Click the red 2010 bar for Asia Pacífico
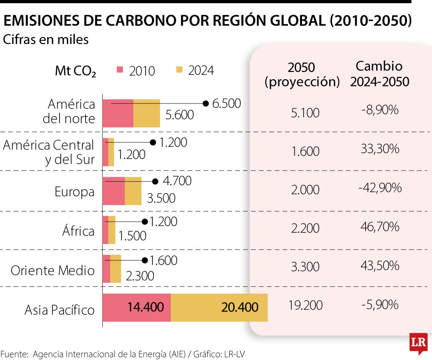point(137,307)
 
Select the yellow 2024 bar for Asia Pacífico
point(219,307)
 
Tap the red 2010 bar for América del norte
point(118,113)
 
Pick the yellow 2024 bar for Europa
point(133,191)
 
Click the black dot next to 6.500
point(206,104)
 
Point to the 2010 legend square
point(120,70)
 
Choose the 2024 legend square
point(179,70)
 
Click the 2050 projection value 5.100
point(305,113)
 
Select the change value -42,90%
point(380,188)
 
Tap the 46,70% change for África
point(380,227)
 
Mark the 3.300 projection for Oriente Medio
point(305,266)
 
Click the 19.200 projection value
point(305,305)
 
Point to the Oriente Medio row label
point(52,270)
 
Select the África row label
point(78,231)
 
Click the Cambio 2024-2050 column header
point(380,74)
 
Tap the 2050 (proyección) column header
point(302,74)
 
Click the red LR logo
point(418,343)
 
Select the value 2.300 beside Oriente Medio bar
point(140,276)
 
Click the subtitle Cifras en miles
point(46,40)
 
